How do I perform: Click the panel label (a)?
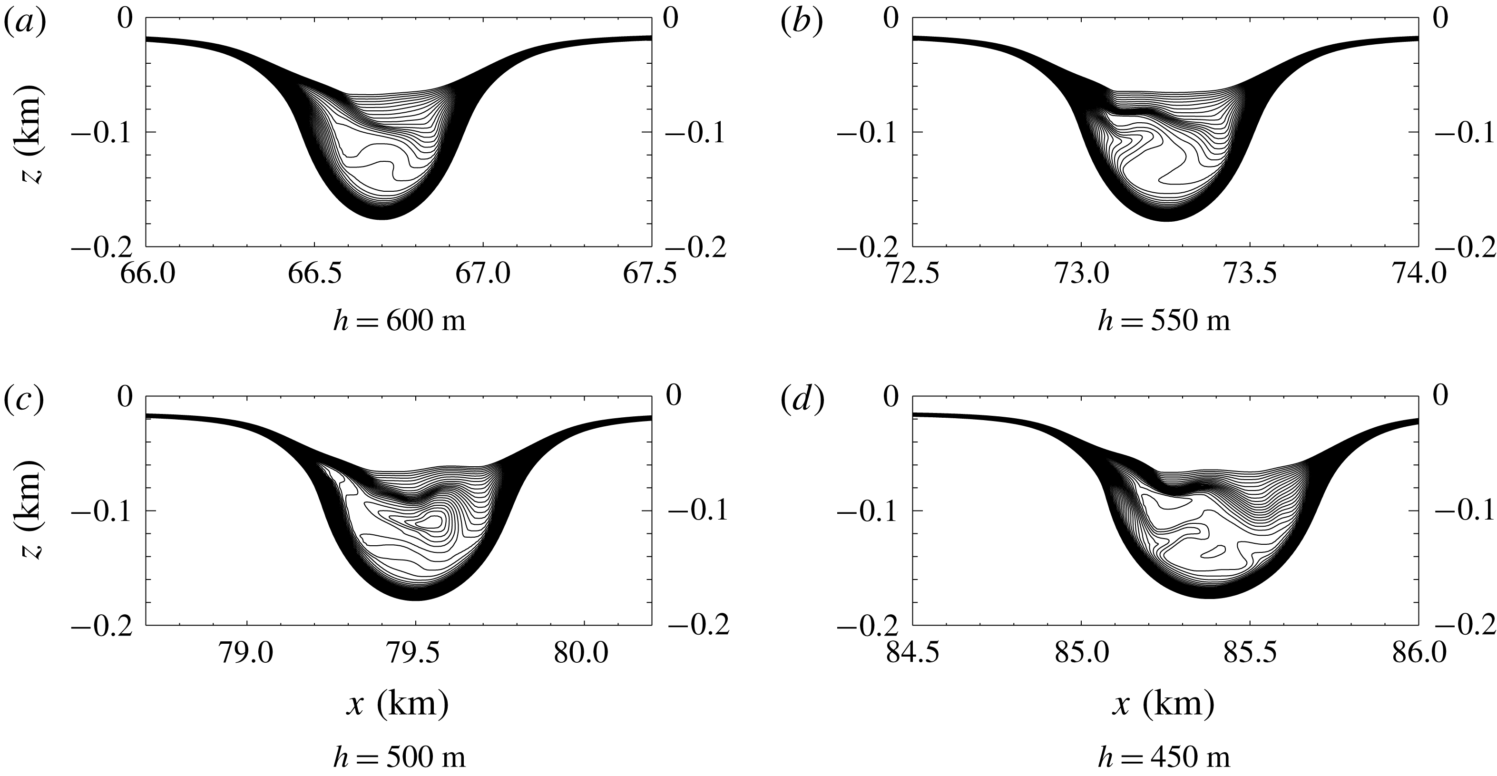pyautogui.click(x=24, y=23)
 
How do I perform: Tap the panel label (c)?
pyautogui.click(x=24, y=400)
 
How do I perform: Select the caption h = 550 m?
pyautogui.click(x=1164, y=320)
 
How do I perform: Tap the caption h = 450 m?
pyautogui.click(x=1164, y=758)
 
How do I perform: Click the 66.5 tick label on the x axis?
pyautogui.click(x=314, y=273)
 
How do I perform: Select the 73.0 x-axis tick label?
pyautogui.click(x=1082, y=273)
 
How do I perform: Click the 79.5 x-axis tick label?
pyautogui.click(x=416, y=653)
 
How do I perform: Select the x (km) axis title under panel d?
pyautogui.click(x=1164, y=705)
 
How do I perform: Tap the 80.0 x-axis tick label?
pyautogui.click(x=582, y=653)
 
